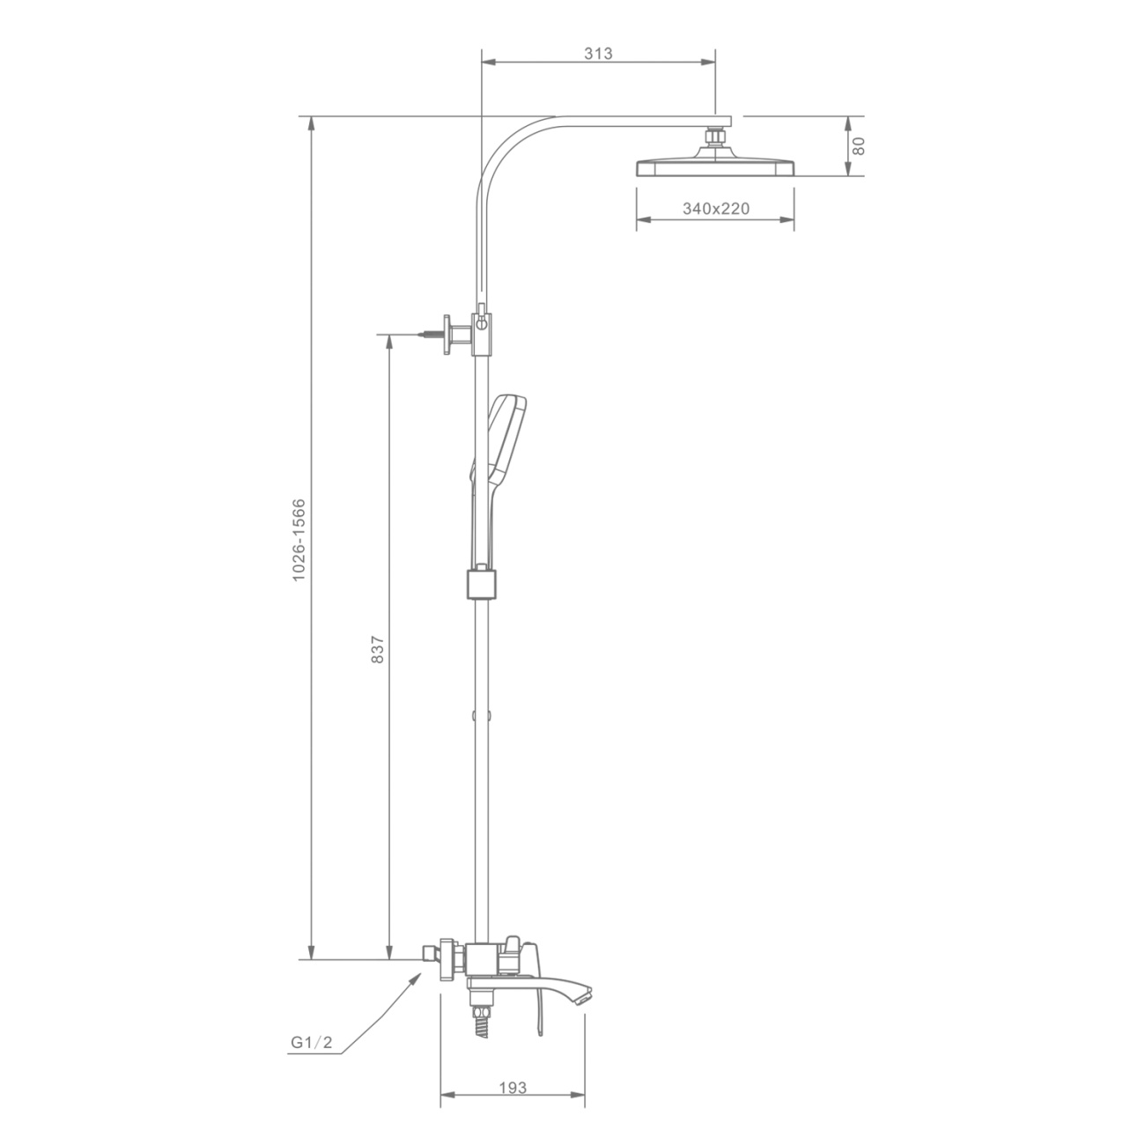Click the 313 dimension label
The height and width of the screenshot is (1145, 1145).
(x=598, y=54)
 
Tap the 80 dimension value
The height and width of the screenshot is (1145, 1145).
(x=859, y=146)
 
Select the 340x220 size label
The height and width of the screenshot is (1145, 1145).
(x=716, y=209)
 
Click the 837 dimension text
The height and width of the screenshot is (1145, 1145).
(x=377, y=649)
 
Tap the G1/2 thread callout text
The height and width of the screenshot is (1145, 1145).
(x=312, y=1042)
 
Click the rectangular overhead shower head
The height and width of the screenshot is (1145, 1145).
(x=715, y=167)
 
